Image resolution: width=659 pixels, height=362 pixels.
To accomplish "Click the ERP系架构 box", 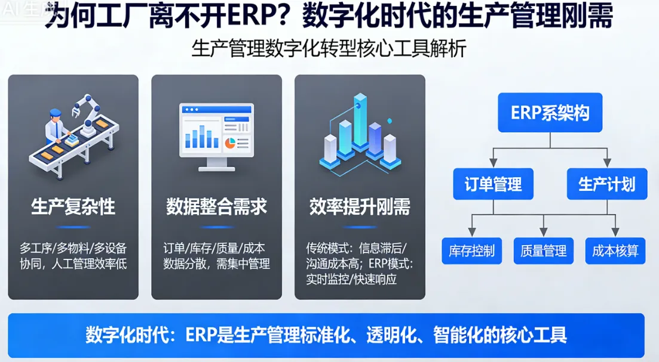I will pyautogui.click(x=550, y=113).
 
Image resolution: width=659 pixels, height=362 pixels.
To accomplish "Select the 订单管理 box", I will pyautogui.click(x=493, y=184).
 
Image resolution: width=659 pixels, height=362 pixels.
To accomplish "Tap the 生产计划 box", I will pyautogui.click(x=606, y=184).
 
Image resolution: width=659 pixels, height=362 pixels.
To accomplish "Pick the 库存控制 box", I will pyautogui.click(x=471, y=251).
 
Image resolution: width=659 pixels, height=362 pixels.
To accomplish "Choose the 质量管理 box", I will pyautogui.click(x=543, y=251).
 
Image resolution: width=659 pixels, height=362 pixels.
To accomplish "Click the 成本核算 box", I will pyautogui.click(x=615, y=251).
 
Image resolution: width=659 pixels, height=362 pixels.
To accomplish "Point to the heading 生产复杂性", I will pyautogui.click(x=73, y=207).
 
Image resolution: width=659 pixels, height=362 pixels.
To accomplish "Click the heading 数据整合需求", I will pyautogui.click(x=216, y=207).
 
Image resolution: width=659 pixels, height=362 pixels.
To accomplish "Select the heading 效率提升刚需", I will pyautogui.click(x=360, y=207).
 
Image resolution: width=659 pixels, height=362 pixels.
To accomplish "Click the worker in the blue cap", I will pyautogui.click(x=57, y=125).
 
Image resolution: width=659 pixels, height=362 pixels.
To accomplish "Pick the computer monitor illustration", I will pyautogui.click(x=216, y=134).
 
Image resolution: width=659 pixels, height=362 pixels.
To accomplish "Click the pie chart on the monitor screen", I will pyautogui.click(x=229, y=143).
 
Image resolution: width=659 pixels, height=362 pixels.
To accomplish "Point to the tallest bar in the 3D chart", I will pyautogui.click(x=360, y=119).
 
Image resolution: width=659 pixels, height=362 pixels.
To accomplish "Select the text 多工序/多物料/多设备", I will pyautogui.click(x=73, y=247).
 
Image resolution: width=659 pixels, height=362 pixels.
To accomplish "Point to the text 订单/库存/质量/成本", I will pyautogui.click(x=214, y=247).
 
